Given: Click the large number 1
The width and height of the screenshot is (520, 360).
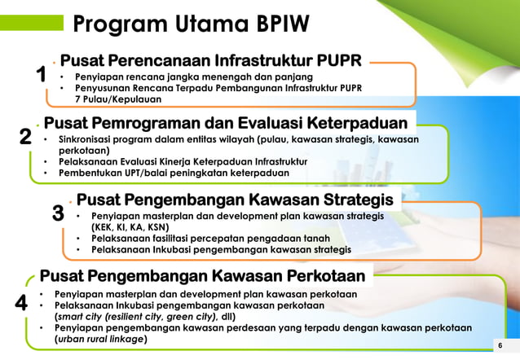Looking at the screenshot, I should click(x=41, y=77).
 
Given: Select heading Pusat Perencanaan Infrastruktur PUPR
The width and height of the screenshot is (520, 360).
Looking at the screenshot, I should click(x=211, y=60).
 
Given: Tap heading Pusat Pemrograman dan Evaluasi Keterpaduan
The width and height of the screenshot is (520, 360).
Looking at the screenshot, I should click(x=226, y=124).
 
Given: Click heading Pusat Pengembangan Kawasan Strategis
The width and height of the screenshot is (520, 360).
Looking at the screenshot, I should click(x=235, y=200).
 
